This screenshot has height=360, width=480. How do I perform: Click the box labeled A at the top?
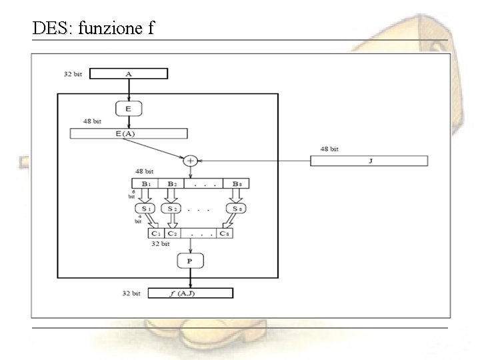128,73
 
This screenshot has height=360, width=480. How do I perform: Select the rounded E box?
128,107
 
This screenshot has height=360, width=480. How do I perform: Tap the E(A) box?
128,133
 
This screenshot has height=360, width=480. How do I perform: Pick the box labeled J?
369,160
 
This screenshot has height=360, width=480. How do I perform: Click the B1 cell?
145,183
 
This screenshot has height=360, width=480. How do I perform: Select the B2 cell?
171,183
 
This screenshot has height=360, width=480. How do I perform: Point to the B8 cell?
236,183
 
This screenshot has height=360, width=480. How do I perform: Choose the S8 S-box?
236,209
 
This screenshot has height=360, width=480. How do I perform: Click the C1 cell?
156,233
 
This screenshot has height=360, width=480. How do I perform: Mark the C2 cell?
172,233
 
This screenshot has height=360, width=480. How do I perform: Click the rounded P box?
190,261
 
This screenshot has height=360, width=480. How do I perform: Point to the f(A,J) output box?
190,293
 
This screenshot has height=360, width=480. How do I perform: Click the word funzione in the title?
105,28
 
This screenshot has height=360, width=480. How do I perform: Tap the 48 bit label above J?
329,149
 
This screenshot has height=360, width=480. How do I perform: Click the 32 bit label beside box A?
73,73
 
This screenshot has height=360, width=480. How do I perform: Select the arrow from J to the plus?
253,160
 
